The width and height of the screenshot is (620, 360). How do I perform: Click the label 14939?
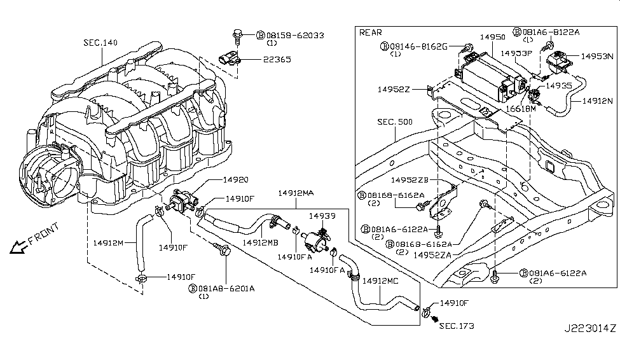322,216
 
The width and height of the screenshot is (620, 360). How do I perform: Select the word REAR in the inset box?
371,32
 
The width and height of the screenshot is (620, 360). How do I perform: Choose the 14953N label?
598,56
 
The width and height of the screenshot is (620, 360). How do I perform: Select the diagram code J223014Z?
589,347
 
